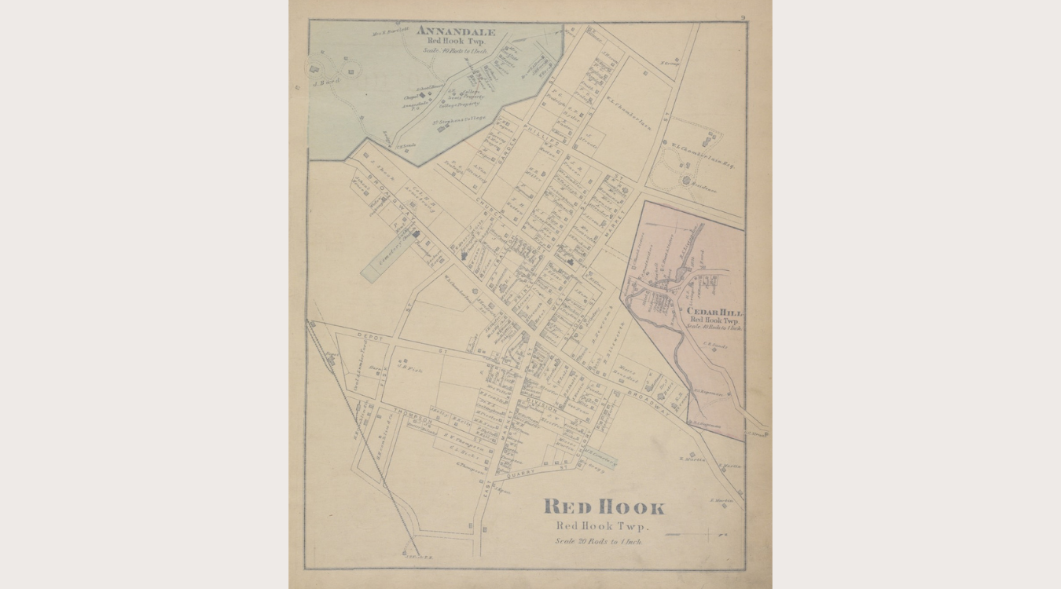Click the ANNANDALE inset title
pos(456,32)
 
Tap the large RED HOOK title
pos(604,507)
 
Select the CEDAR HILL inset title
pos(714,313)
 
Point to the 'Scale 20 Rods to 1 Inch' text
pos(599,541)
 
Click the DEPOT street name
pos(369,336)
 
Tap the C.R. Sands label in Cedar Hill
pos(716,344)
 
